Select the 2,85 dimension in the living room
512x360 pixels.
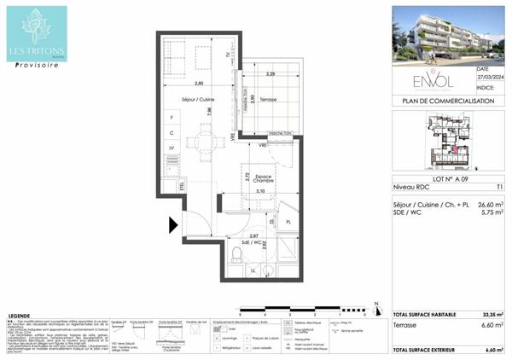click(198, 83)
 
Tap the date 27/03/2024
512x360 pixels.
click(490, 77)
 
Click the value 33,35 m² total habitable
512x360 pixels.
click(491, 314)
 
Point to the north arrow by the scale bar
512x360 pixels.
click(375, 303)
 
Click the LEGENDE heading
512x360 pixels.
click(25, 315)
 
